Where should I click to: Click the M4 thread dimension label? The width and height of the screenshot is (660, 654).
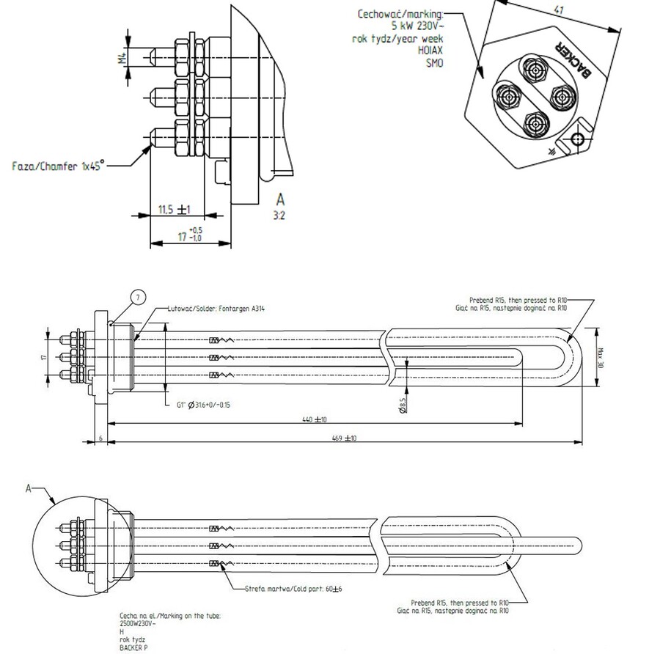pyautogui.click(x=122, y=58)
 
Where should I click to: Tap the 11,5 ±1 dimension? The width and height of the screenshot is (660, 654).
pyautogui.click(x=174, y=210)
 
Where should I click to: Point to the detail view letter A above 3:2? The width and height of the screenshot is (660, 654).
pyautogui.click(x=280, y=199)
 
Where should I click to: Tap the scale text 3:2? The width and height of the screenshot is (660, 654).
pyautogui.click(x=279, y=216)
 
